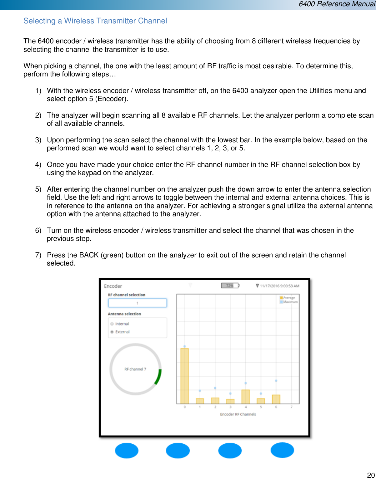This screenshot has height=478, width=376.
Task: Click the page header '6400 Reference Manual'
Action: [x=337, y=4]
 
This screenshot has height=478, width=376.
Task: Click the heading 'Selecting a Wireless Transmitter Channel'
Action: [x=95, y=21]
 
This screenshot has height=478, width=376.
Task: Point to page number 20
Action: [x=371, y=475]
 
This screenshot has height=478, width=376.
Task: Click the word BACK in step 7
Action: [x=89, y=255]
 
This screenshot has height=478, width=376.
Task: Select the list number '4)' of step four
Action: [x=38, y=165]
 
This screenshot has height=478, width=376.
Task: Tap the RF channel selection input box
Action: [x=138, y=303]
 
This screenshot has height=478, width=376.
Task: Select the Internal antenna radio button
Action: [x=112, y=324]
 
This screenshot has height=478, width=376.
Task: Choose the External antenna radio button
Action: [x=112, y=332]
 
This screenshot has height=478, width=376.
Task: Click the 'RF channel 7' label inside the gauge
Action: [x=135, y=369]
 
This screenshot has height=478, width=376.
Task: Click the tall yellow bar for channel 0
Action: [x=185, y=376]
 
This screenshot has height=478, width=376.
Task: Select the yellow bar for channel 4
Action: [x=246, y=397]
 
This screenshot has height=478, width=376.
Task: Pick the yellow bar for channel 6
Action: [x=276, y=399]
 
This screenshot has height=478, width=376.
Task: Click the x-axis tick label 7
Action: [x=291, y=407]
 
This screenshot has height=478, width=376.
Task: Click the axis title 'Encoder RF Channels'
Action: [x=238, y=414]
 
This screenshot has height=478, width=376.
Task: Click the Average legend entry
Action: [x=287, y=298]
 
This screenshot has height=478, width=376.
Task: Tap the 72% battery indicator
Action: [x=230, y=285]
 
